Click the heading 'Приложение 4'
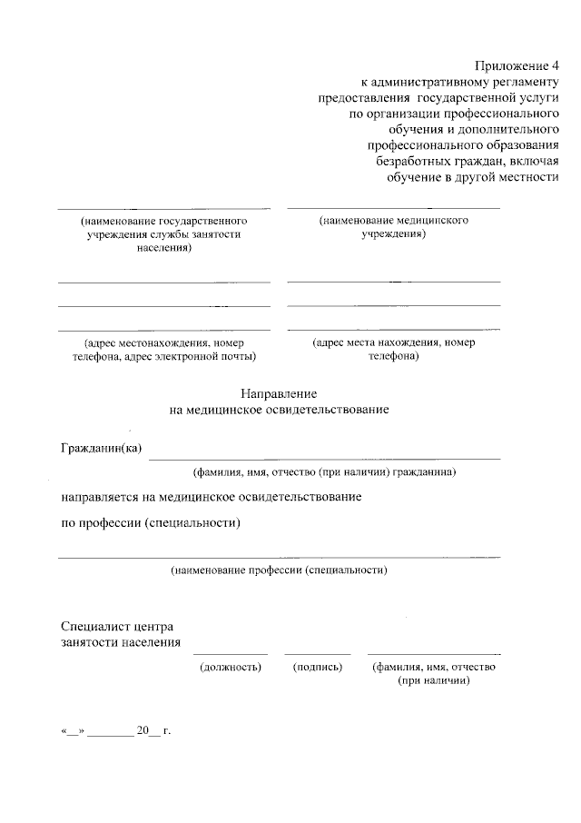point(513,65)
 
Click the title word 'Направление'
point(279,393)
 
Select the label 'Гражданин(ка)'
point(102,448)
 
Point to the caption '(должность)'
point(231,667)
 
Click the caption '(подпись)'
point(317,667)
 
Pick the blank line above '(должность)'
point(231,653)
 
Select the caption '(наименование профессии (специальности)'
point(279,570)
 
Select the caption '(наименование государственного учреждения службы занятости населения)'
point(164,233)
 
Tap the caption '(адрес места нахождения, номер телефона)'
point(393,350)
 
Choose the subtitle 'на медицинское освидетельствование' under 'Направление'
point(279,410)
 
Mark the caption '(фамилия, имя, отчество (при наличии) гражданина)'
point(324,472)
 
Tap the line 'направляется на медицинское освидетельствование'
point(212,497)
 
